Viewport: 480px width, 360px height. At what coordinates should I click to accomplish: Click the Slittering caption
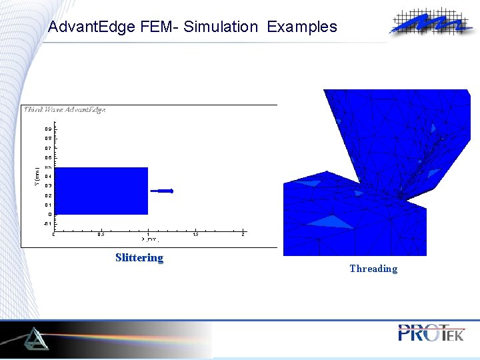(x=139, y=258)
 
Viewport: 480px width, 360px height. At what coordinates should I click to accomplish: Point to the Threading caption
(x=373, y=269)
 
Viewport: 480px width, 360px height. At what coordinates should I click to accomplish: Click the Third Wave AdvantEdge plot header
(x=65, y=110)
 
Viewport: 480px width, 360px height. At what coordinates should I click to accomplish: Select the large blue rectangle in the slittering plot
(x=101, y=191)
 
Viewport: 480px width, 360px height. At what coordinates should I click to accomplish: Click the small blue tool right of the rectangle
(x=162, y=191)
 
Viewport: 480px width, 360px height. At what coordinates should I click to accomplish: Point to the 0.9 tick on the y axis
(x=48, y=129)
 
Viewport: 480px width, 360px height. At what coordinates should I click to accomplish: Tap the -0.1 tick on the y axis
(x=48, y=224)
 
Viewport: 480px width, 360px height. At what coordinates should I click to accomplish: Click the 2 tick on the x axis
(x=243, y=234)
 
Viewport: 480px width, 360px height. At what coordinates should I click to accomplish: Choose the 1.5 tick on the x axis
(x=195, y=234)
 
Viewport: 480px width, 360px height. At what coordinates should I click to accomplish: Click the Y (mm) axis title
(x=37, y=177)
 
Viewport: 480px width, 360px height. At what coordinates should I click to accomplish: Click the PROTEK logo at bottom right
(x=431, y=333)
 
